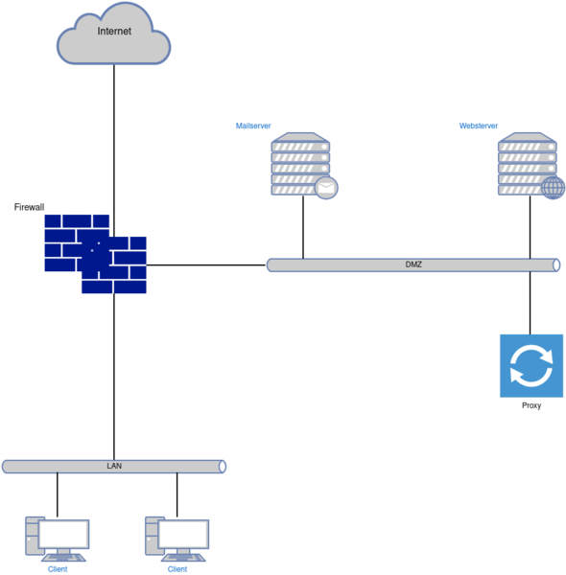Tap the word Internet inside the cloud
114,32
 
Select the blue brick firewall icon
95,254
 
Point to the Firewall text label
29,207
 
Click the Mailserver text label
253,126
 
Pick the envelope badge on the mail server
326,188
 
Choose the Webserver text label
479,126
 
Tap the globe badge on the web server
554,188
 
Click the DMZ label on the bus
413,264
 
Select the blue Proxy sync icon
531,366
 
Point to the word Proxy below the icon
531,405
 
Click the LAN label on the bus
114,466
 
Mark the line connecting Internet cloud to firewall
114,150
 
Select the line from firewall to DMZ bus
206,264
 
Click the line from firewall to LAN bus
114,377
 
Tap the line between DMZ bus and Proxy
531,303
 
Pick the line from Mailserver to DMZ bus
303,227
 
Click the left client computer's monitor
64,534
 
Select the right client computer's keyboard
183,558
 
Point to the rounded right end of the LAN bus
222,467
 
